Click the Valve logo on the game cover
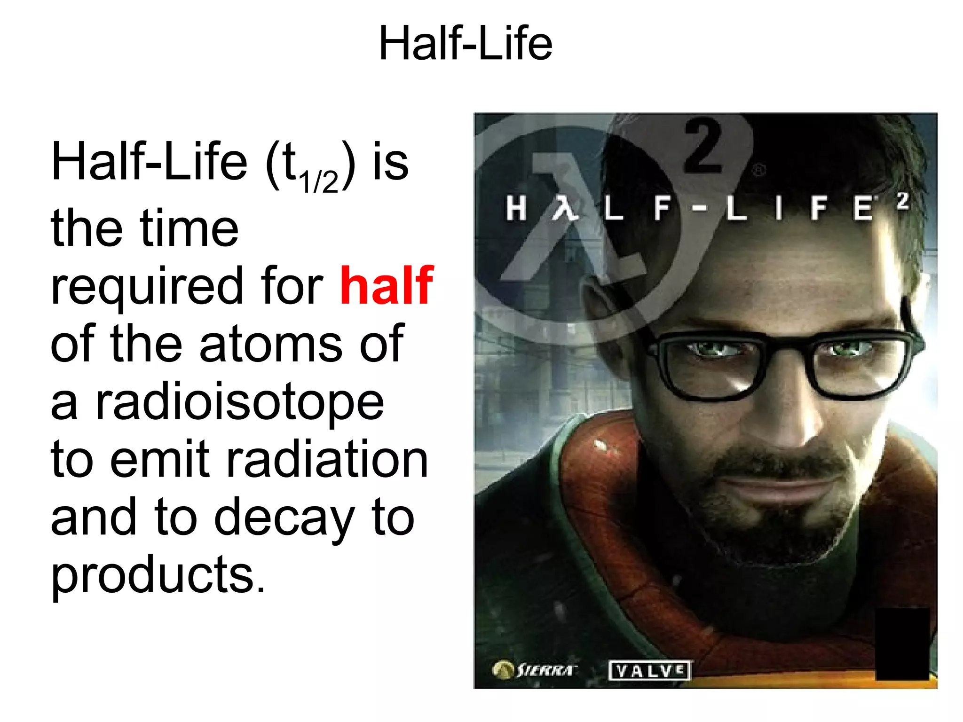click(x=649, y=670)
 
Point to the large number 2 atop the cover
click(x=703, y=147)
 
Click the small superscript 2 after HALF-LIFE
click(x=902, y=201)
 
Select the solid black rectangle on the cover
click(x=902, y=643)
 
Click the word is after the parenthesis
click(x=390, y=162)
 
